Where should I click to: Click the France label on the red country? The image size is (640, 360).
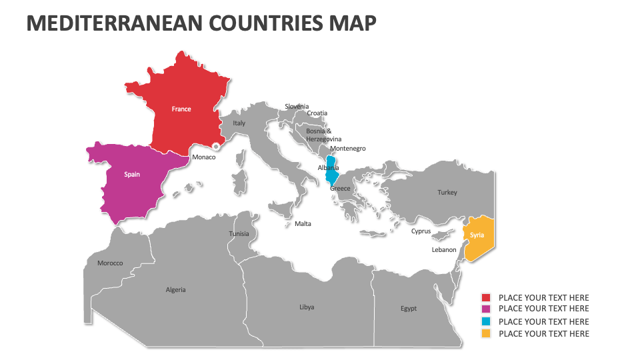pyautogui.click(x=181, y=109)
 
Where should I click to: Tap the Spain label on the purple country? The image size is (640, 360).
pyautogui.click(x=132, y=175)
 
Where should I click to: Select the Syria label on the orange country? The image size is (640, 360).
pyautogui.click(x=477, y=235)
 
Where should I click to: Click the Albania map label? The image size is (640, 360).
pyautogui.click(x=329, y=168)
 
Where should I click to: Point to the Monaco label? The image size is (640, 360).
pyautogui.click(x=203, y=157)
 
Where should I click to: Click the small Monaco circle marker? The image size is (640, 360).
pyautogui.click(x=216, y=146)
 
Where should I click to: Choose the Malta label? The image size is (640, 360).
pyautogui.click(x=303, y=224)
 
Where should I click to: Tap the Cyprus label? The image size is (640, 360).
pyautogui.click(x=421, y=231)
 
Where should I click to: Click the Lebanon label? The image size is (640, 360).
pyautogui.click(x=444, y=250)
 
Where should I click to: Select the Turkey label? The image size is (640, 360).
pyautogui.click(x=447, y=193)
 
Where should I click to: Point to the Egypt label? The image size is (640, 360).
pyautogui.click(x=409, y=309)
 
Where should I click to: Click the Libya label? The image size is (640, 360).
pyautogui.click(x=307, y=307)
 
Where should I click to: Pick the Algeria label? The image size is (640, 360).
pyautogui.click(x=175, y=290)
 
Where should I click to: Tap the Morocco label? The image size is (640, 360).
pyautogui.click(x=110, y=263)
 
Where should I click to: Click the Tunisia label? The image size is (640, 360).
pyautogui.click(x=239, y=234)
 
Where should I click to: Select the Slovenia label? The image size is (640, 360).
pyautogui.click(x=297, y=107)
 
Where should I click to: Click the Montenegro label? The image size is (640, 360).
pyautogui.click(x=347, y=149)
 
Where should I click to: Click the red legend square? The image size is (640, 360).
pyautogui.click(x=486, y=297)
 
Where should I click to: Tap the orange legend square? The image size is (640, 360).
pyautogui.click(x=486, y=333)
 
